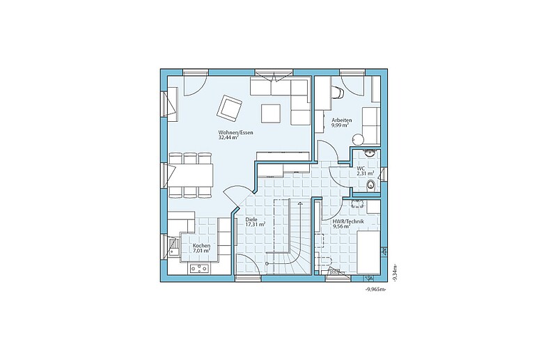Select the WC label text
[x=361, y=168]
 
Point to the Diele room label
[x=251, y=219]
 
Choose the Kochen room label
[x=201, y=246]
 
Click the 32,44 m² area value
[x=228, y=138]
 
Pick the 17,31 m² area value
[x=256, y=225]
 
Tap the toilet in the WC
[x=371, y=185]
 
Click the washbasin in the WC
[x=370, y=153]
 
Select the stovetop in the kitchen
[x=199, y=269]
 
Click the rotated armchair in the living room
[x=229, y=108]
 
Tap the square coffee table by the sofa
[x=271, y=114]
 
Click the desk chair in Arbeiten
[x=338, y=93]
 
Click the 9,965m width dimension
[x=375, y=290]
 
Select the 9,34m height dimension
[x=395, y=273]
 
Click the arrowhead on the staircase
[x=301, y=203]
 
